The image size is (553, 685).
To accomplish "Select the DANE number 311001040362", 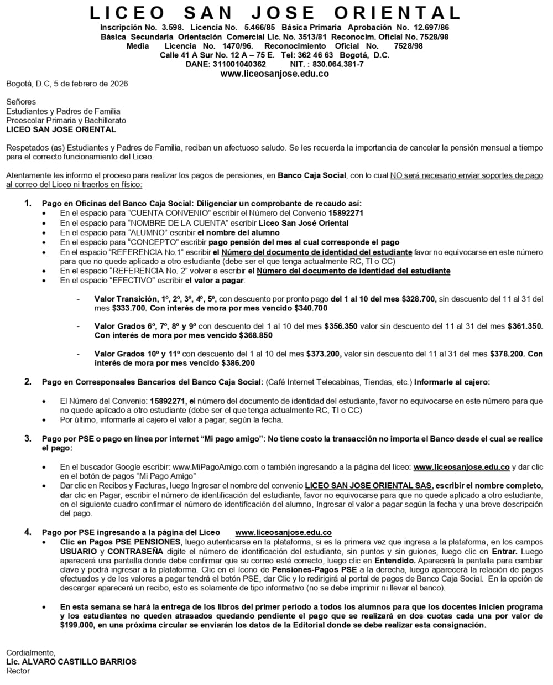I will pos(235,64).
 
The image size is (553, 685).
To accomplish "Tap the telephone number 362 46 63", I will pos(313,55).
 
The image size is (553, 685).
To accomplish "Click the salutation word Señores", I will pos(21,102).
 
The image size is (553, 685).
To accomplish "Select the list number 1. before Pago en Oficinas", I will pos(28,204).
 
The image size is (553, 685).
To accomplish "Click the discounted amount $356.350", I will pos(341,326).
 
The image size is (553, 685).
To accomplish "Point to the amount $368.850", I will pos(255,335).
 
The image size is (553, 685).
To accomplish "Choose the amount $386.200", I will pos(238,363).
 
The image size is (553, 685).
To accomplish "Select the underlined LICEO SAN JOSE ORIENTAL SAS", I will pos(368,485).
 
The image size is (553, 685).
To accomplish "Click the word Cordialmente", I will pos(31,652).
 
